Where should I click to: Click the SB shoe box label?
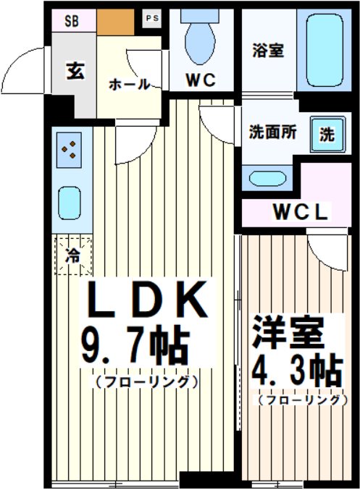72,20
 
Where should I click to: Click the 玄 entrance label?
74,72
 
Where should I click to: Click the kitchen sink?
70,200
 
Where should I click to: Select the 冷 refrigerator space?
72,255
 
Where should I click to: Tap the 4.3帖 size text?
296,373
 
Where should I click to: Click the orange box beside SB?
117,22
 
